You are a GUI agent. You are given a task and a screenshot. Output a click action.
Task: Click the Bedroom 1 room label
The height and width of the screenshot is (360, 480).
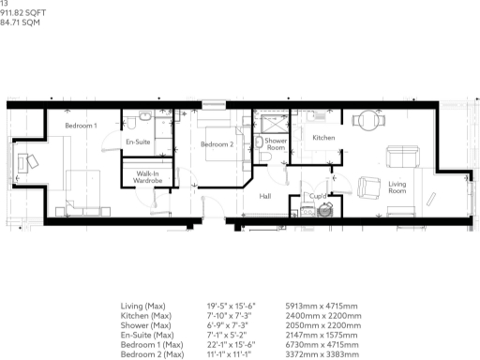tap(81, 126)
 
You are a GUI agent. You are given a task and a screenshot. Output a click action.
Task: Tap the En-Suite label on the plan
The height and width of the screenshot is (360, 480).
tap(138, 142)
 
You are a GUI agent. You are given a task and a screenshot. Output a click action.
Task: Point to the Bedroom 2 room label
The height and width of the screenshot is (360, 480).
tap(217, 143)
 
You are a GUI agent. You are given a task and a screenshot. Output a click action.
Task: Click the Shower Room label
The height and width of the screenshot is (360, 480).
tap(276, 143)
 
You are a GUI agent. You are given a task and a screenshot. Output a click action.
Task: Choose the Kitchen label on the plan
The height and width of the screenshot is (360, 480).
tap(323, 138)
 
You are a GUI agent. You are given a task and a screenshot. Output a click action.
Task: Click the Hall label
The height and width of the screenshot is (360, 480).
tap(265, 196)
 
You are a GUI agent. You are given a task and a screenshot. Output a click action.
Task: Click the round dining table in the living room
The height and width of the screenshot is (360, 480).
tap(365, 119)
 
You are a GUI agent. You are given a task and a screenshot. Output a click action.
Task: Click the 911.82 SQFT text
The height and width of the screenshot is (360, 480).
tap(28, 13)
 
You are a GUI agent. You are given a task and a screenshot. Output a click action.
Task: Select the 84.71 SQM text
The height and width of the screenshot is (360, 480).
tap(25, 22)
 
